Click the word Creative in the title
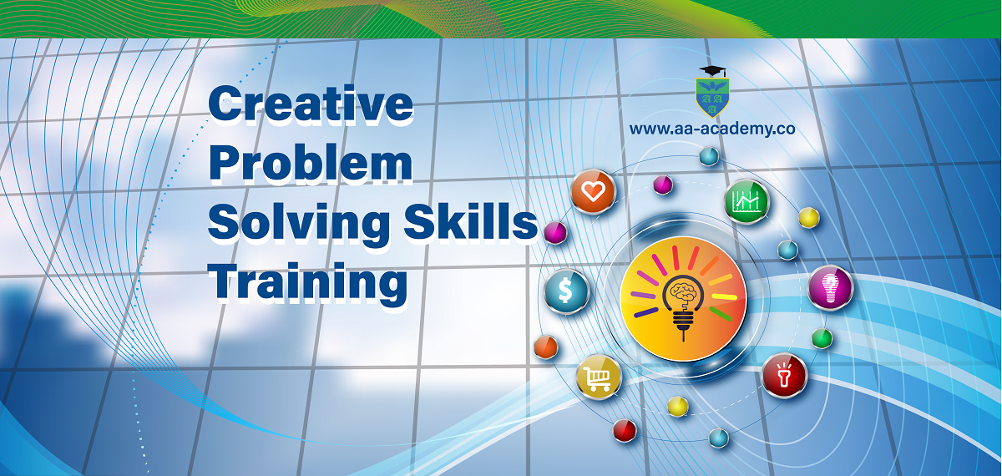click(311, 104)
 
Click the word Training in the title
click(308, 283)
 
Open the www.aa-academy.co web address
click(712, 129)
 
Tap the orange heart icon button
click(593, 191)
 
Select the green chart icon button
click(746, 201)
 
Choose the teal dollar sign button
click(566, 291)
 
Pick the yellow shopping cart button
click(599, 377)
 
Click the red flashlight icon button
click(784, 375)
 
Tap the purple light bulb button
click(830, 288)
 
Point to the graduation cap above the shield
click(712, 71)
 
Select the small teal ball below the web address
click(709, 156)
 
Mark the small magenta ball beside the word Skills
click(555, 233)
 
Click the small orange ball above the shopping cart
click(546, 347)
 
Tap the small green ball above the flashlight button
click(822, 338)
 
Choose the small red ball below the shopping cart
click(625, 430)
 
